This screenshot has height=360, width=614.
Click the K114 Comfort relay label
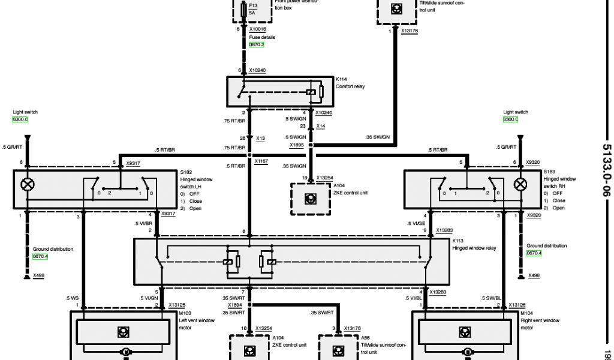click(x=350, y=83)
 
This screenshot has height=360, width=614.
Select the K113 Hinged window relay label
click(x=474, y=244)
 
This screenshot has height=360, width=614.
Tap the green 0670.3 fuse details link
click(x=257, y=44)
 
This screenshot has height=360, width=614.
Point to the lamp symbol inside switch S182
click(x=27, y=184)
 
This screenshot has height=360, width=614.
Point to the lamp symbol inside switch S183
click(x=520, y=184)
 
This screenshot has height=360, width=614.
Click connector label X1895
click(x=297, y=145)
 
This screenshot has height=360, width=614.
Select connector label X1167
click(x=261, y=161)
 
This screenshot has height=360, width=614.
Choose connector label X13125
click(x=177, y=305)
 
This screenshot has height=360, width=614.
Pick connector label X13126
click(x=517, y=305)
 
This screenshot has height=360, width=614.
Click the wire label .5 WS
click(x=72, y=298)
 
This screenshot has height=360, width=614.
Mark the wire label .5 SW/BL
click(x=490, y=298)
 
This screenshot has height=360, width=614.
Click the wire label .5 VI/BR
click(x=144, y=223)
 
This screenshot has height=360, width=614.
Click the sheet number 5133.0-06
click(x=606, y=170)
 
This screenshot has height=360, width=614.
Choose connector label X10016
click(x=257, y=29)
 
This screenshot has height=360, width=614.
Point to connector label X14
click(x=321, y=126)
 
